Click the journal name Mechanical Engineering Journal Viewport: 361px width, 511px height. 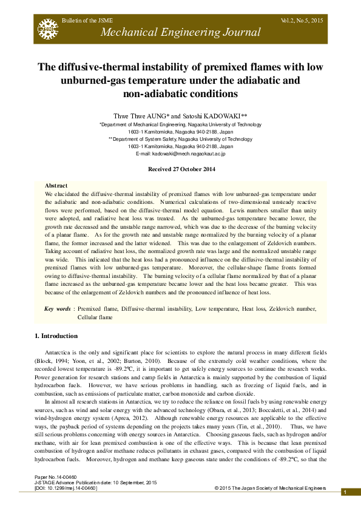[180, 33]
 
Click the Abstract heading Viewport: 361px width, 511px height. [56, 185]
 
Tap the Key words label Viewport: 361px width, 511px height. [58, 309]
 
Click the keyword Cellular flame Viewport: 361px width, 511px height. [95, 317]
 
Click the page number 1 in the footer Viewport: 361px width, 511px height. [344, 492]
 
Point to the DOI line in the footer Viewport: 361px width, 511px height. [66, 487]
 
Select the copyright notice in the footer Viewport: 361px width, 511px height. [270, 487]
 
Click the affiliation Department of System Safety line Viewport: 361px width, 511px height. [180, 139]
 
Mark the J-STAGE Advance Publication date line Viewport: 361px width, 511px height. [87, 482]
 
